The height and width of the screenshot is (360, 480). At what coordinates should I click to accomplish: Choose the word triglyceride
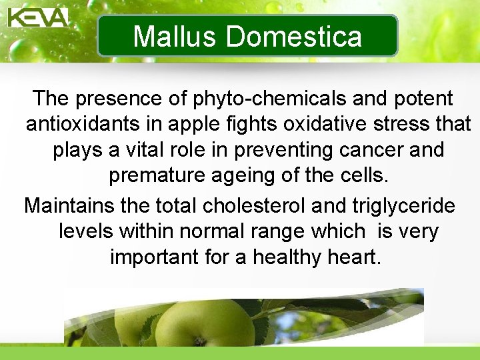pyautogui.click(x=397, y=206)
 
